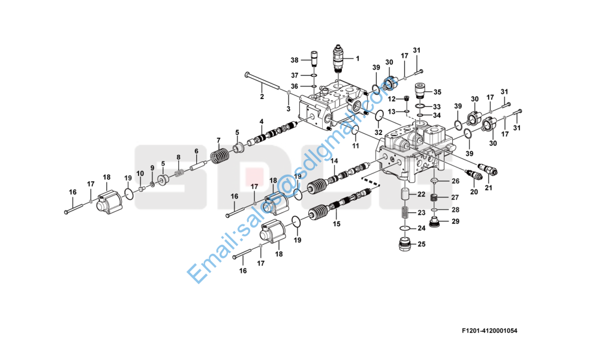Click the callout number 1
coord(357,58)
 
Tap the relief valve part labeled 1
coord(339,59)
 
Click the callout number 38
coord(294,60)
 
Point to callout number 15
coord(336,224)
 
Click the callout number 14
coord(335,161)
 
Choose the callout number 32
coord(378,132)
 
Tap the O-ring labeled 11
coord(355,131)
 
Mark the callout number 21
coord(488,188)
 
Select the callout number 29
coord(455,221)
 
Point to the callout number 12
coord(392,98)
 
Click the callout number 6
coord(196,151)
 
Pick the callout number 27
coord(455,197)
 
